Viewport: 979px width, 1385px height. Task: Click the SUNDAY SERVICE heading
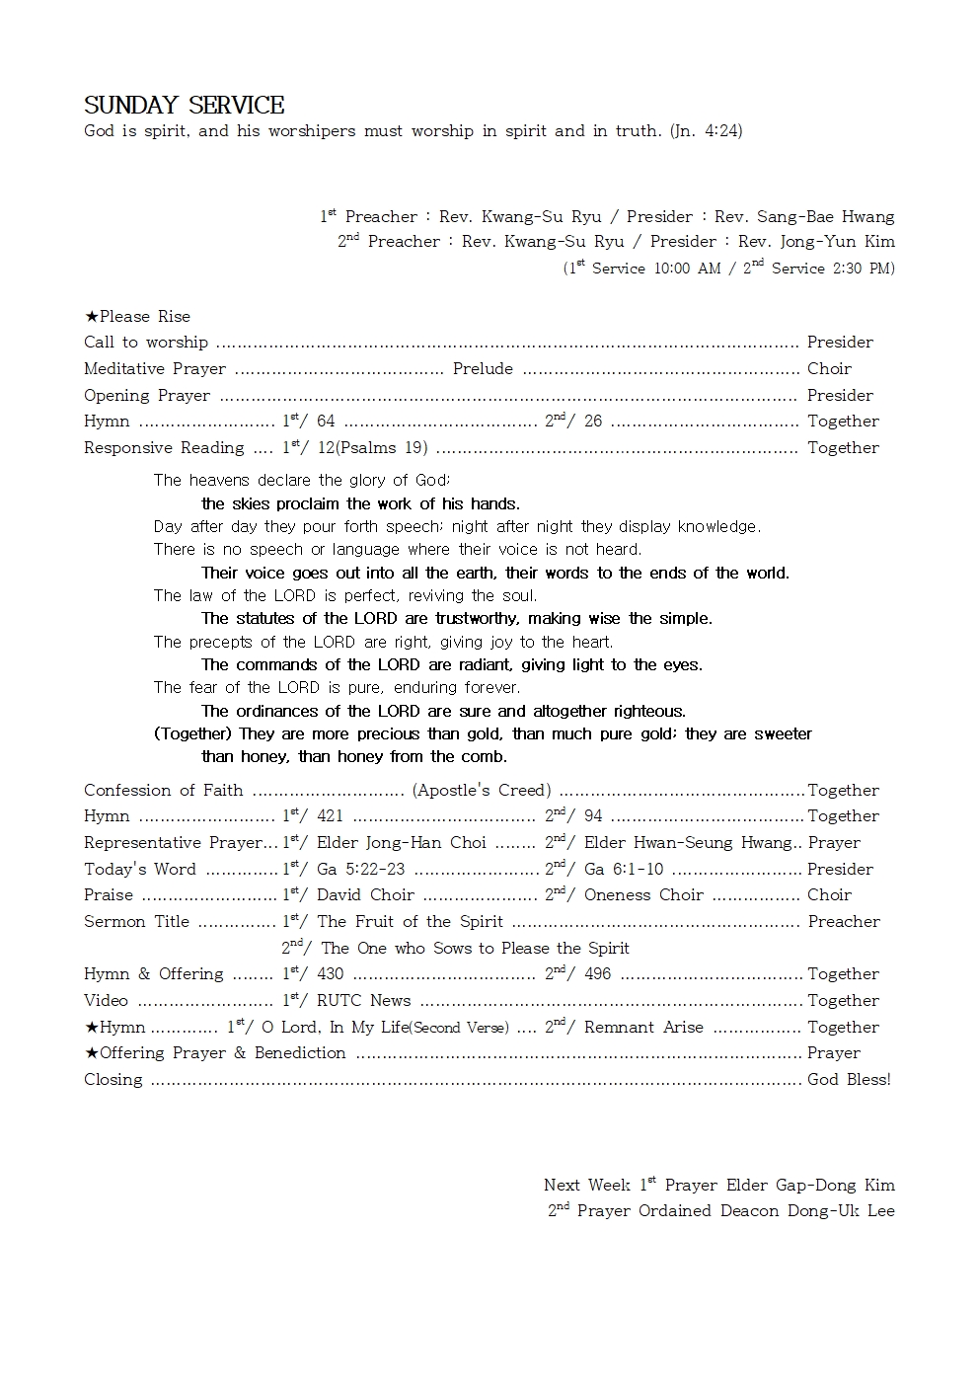pyautogui.click(x=184, y=106)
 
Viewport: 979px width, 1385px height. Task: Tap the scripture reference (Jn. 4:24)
pyautogui.click(x=706, y=131)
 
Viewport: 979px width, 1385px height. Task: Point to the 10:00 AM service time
pyautogui.click(x=688, y=269)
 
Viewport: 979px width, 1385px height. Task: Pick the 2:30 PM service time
pyautogui.click(x=863, y=269)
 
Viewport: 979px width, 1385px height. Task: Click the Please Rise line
pyautogui.click(x=138, y=317)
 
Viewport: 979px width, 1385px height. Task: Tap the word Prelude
pyautogui.click(x=483, y=369)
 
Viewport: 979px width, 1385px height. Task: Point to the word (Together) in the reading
pyautogui.click(x=193, y=734)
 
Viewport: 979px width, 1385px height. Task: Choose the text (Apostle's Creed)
pyautogui.click(x=482, y=791)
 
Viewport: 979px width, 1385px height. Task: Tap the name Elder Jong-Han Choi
pyautogui.click(x=402, y=843)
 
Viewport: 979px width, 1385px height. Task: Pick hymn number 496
pyautogui.click(x=597, y=974)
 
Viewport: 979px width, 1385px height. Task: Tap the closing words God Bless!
pyautogui.click(x=849, y=1080)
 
